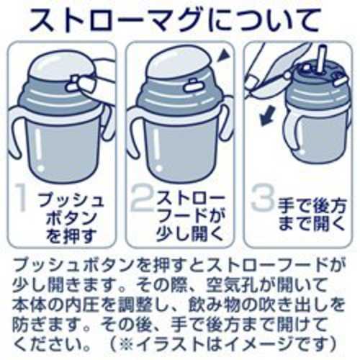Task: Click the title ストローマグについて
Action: [174, 21]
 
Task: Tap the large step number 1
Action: [22, 198]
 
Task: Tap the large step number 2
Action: [143, 197]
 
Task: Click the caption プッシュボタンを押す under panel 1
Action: [71, 218]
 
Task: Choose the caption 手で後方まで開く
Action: [312, 215]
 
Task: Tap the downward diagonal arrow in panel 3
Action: [267, 116]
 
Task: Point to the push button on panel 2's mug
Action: [193, 86]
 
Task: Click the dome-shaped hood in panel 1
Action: [63, 64]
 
